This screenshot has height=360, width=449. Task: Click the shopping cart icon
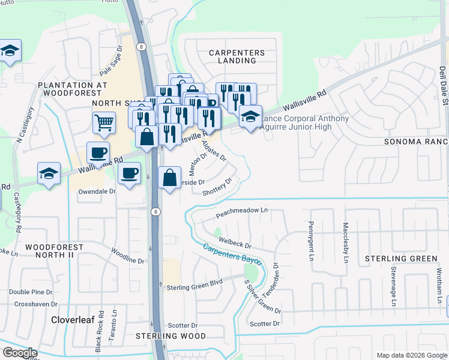104,122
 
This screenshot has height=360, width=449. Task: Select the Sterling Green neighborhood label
402,259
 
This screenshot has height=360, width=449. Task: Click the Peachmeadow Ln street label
241,213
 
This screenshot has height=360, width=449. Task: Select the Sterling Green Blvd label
194,287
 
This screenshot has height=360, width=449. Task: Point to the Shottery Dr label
217,188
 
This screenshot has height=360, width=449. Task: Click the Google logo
20,353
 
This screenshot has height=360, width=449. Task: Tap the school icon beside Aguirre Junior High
250,116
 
